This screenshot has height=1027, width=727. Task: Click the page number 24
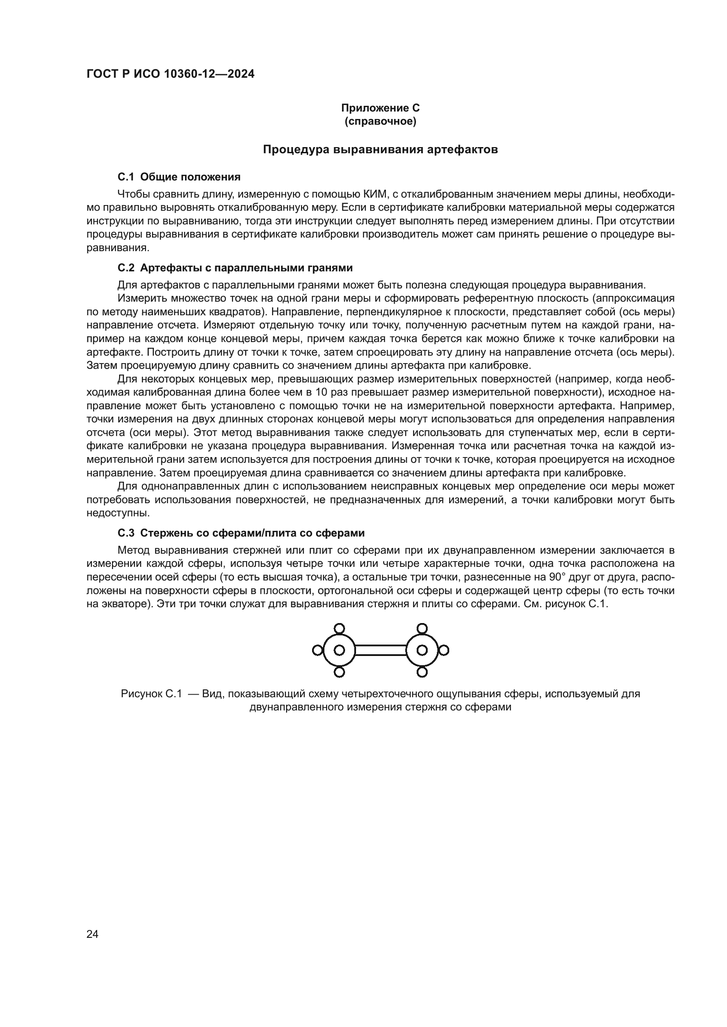(92, 922)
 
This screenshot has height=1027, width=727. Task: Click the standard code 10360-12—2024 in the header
(210, 74)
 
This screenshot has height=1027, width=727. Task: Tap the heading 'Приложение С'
(380, 108)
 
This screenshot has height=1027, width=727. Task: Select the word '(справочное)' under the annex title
(380, 121)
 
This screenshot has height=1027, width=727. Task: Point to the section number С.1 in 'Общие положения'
(126, 177)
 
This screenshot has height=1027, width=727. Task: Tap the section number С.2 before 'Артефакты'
(126, 268)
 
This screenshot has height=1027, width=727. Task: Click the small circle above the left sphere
(339, 628)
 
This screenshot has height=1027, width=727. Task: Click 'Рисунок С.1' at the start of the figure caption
(151, 694)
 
